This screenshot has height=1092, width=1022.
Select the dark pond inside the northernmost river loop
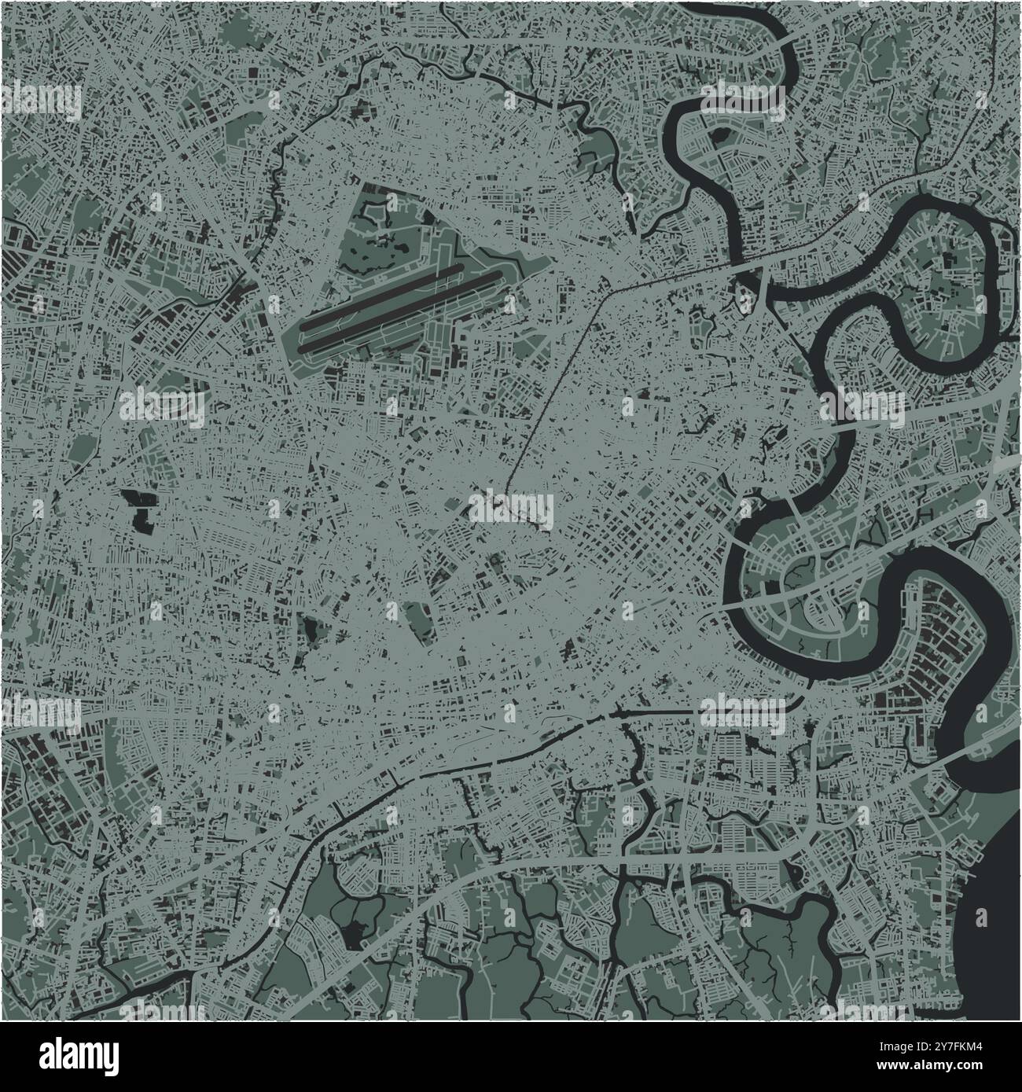tap(717, 134)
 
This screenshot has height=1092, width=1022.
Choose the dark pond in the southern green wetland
tap(355, 933)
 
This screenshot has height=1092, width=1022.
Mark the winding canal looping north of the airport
tap(472, 71)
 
